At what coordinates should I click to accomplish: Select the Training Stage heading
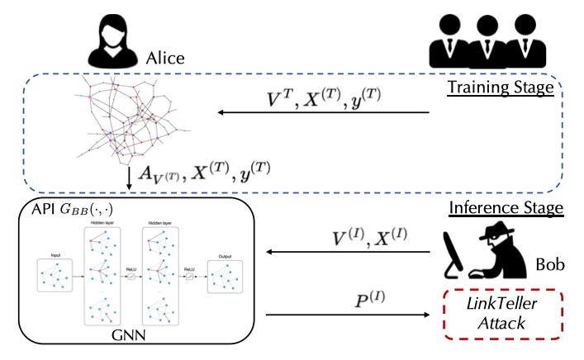click(500, 87)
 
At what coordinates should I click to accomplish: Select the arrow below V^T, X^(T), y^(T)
click(323, 114)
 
